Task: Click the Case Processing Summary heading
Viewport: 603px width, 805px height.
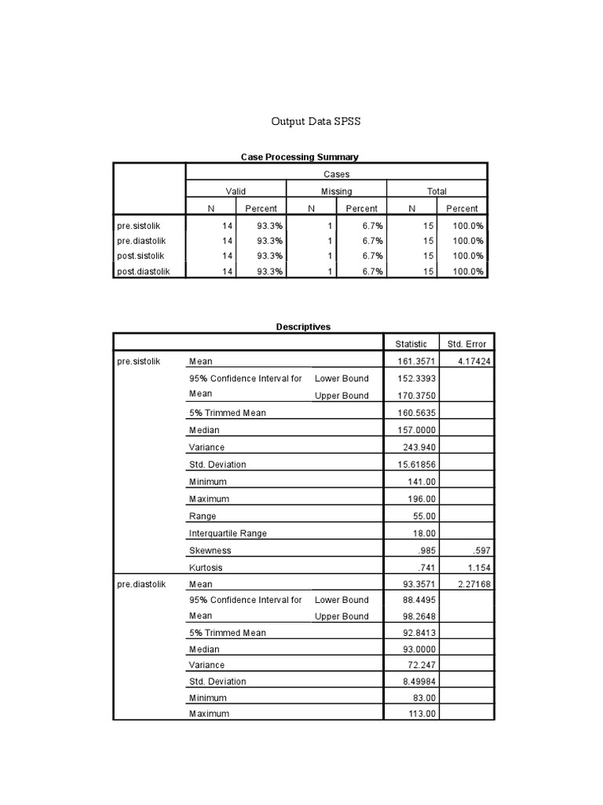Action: [x=299, y=157]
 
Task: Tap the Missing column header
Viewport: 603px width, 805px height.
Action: [x=336, y=191]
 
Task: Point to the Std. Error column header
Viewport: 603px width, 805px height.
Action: [x=466, y=344]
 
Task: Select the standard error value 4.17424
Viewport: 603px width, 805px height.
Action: [x=468, y=361]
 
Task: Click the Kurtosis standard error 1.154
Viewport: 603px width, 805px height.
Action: [x=476, y=568]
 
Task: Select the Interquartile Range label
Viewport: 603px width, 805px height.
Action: [x=228, y=533]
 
